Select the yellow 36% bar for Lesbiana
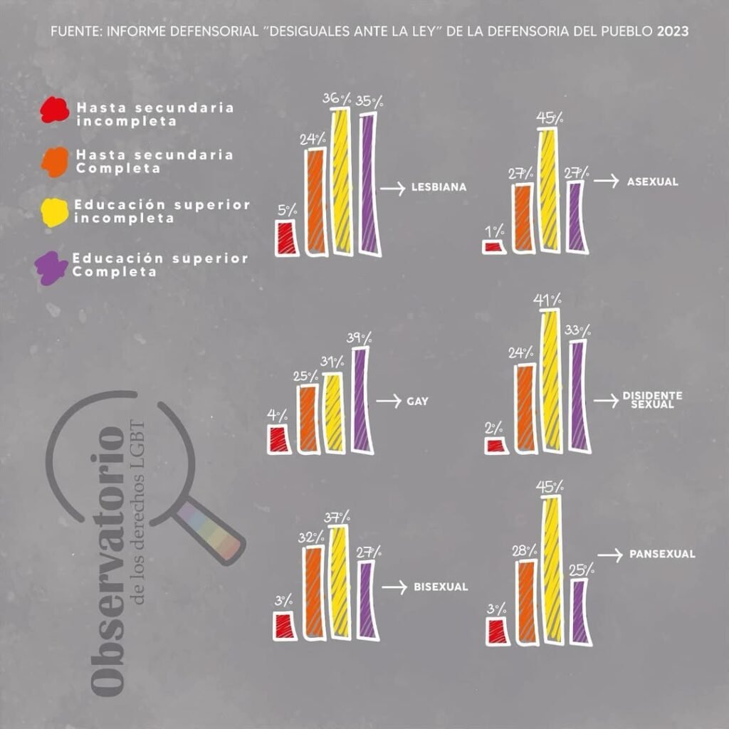click(341, 182)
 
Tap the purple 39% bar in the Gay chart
click(362, 400)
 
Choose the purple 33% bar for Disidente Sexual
click(577, 396)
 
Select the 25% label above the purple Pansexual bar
click(583, 570)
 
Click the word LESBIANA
click(439, 189)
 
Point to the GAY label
click(417, 402)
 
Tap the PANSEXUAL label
click(662, 554)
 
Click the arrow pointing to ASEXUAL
click(606, 182)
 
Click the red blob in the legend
click(55, 110)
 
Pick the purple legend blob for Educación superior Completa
click(51, 267)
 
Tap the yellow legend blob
click(54, 211)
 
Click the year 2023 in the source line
click(673, 32)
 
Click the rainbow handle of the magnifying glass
click(211, 530)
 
